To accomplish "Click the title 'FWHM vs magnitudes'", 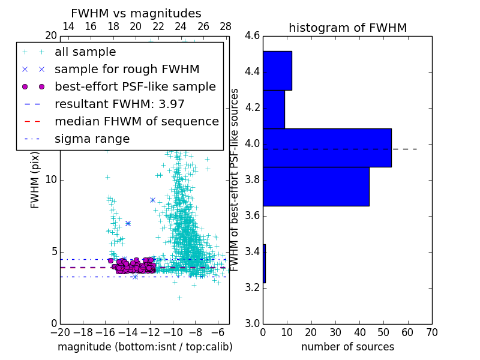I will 136,14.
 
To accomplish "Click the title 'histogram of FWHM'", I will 347,28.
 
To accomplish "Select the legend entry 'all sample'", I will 85,52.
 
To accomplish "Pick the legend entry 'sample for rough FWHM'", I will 127,70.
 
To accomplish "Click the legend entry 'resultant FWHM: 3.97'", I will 119,104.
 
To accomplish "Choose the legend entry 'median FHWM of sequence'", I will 136,121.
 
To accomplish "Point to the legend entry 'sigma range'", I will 92,139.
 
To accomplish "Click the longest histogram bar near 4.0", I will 327,148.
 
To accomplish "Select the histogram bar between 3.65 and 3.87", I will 316,187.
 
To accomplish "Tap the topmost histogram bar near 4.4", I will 277,71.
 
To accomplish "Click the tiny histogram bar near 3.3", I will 264,263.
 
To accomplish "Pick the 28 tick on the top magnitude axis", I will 226,26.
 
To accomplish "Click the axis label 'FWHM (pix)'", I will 35,180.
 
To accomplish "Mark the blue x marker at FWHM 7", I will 128,223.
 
